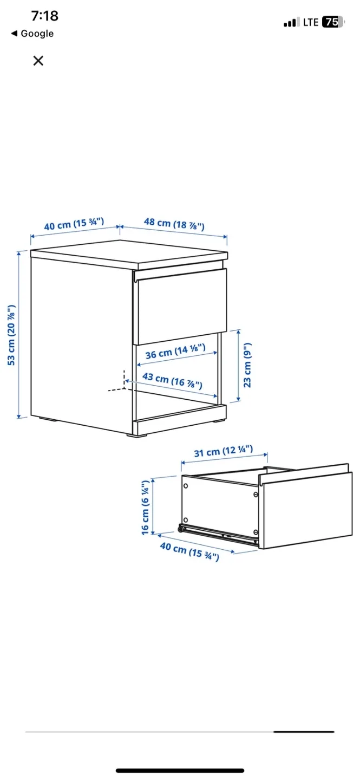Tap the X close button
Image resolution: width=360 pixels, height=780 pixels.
38,61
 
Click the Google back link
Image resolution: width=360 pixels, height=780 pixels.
32,34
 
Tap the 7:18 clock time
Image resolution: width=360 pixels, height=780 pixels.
44,16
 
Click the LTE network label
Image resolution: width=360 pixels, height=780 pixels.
311,22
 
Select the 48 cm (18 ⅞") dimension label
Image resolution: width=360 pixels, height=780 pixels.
174,224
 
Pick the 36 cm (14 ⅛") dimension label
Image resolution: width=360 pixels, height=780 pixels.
175,351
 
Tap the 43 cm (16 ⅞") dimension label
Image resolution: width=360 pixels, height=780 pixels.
172,380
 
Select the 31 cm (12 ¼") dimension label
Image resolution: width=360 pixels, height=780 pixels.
224,451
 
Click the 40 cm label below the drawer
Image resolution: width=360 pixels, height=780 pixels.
189,551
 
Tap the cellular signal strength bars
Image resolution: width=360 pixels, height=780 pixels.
291,23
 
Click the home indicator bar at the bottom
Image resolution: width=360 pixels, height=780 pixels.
180,770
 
